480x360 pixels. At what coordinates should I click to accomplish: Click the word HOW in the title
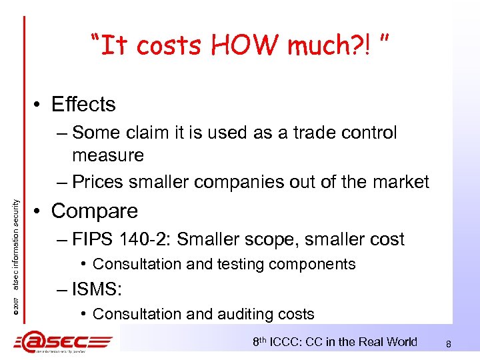237,45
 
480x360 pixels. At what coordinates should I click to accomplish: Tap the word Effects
83,105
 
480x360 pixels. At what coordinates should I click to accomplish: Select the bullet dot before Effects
41,105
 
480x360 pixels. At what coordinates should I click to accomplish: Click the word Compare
95,211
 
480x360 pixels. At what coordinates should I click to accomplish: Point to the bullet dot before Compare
41,211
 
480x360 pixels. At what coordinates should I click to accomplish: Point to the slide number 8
449,344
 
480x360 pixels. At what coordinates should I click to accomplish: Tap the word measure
108,155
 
